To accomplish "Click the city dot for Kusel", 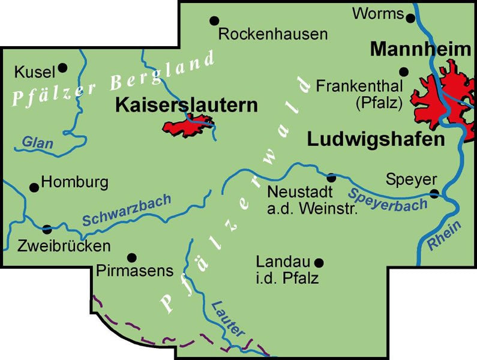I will pyautogui.click(x=62, y=68).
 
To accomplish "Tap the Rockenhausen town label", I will pyautogui.click(x=273, y=34).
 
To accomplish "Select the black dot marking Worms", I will pyautogui.click(x=410, y=18).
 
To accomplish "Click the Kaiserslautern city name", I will pyautogui.click(x=186, y=105).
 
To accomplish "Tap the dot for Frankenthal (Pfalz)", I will pyautogui.click(x=404, y=72).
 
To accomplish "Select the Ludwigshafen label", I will pyautogui.click(x=376, y=140).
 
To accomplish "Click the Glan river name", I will pyautogui.click(x=37, y=143).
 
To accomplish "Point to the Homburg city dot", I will pyautogui.click(x=34, y=187).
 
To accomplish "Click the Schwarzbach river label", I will pyautogui.click(x=127, y=211).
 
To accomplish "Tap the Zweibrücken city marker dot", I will pyautogui.click(x=47, y=229).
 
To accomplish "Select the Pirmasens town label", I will pyautogui.click(x=134, y=271).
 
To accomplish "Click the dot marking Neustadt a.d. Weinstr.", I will pyautogui.click(x=331, y=178).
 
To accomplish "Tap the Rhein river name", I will pyautogui.click(x=445, y=236).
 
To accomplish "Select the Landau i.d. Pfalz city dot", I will pyautogui.click(x=319, y=262).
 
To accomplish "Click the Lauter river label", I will pyautogui.click(x=229, y=317).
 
